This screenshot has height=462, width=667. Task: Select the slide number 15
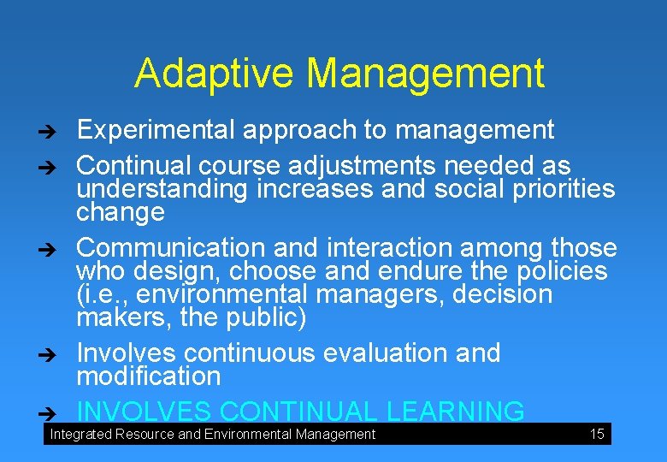coord(597,435)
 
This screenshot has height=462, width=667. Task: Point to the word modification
coord(149,376)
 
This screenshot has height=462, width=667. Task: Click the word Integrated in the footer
coord(80,435)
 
